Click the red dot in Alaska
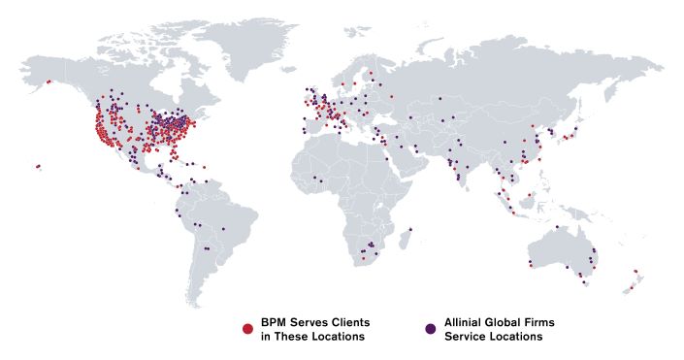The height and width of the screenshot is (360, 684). pyautogui.click(x=48, y=82)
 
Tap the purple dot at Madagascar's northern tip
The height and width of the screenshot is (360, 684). pyautogui.click(x=411, y=230)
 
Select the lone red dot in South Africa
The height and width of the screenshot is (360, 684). pyautogui.click(x=363, y=258)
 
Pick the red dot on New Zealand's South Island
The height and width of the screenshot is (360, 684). pyautogui.click(x=631, y=287)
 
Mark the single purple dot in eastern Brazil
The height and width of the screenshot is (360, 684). pyautogui.click(x=223, y=229)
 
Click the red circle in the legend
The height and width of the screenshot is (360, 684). pyautogui.click(x=247, y=329)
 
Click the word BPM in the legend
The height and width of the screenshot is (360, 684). pyautogui.click(x=274, y=322)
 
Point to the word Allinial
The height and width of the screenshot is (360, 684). pyautogui.click(x=464, y=322)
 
